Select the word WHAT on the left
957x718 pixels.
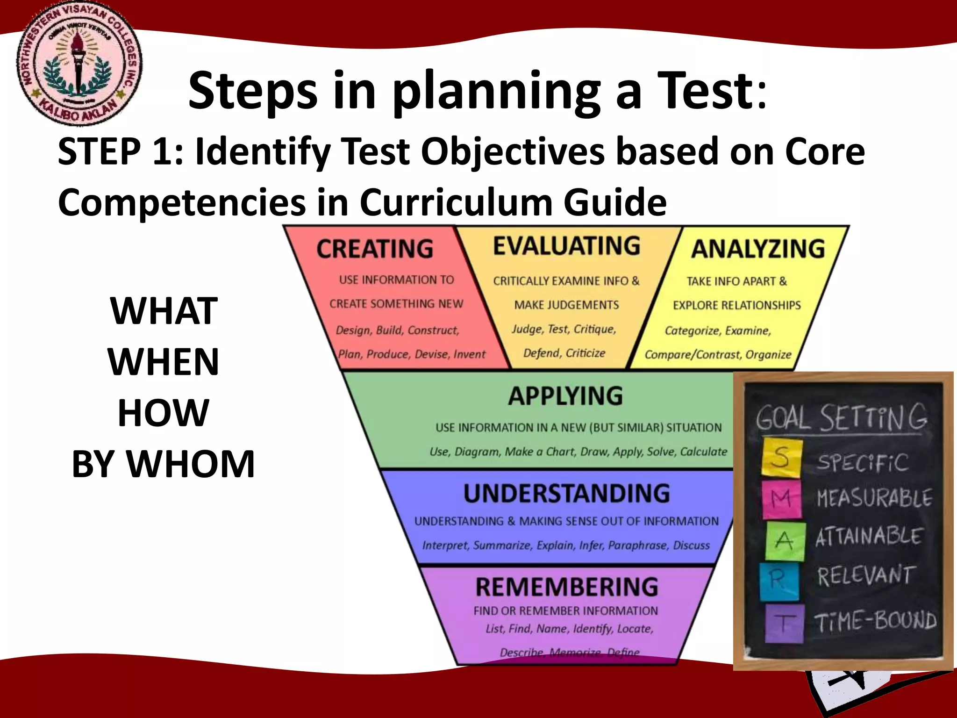164,311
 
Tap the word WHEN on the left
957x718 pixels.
164,362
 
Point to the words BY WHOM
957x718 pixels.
164,464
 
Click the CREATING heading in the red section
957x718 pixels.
375,249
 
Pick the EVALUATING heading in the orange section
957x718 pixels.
566,246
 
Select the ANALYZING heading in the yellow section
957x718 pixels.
758,249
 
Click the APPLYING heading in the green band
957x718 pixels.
565,396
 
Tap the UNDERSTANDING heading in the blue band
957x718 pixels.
566,494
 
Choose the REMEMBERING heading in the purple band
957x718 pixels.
566,587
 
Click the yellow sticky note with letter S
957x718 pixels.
782,458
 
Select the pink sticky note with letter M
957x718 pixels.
782,499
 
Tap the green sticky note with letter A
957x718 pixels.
785,541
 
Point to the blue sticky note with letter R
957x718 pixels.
779,581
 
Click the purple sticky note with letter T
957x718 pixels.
785,623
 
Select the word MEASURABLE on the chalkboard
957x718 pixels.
874,498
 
